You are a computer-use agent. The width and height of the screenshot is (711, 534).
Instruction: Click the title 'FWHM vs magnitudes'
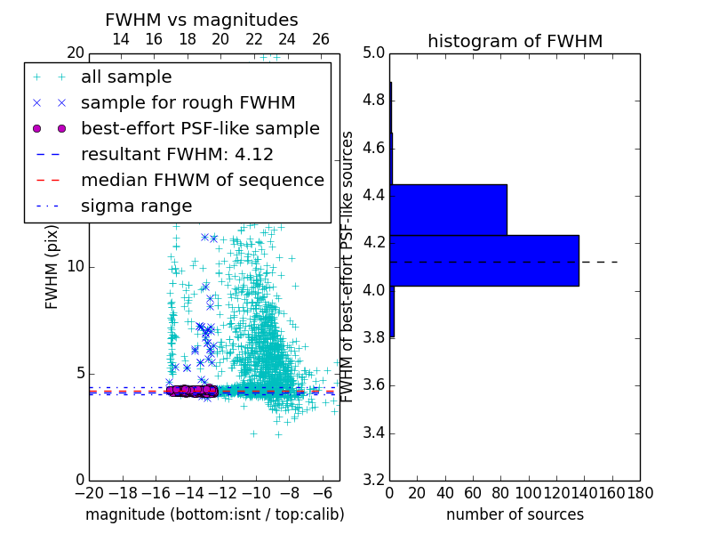point(202,20)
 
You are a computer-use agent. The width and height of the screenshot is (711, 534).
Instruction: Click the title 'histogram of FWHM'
point(515,41)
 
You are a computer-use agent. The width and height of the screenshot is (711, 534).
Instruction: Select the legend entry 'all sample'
point(126,77)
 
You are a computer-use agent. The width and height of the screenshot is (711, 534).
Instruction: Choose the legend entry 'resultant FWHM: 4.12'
point(177,155)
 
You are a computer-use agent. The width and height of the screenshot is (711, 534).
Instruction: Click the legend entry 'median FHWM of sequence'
point(202,181)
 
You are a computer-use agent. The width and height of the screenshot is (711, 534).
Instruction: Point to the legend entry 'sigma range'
point(136,206)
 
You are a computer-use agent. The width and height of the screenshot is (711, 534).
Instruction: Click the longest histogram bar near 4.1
point(484,261)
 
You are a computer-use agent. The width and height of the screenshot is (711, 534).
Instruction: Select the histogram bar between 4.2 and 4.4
point(448,210)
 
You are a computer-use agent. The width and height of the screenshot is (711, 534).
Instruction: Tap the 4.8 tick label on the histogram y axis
point(372,100)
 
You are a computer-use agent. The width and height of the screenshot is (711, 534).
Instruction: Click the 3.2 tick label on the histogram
point(372,481)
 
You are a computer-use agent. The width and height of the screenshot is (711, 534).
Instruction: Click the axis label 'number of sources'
point(515,514)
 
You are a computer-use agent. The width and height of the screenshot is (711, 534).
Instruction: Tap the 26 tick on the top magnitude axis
point(321,39)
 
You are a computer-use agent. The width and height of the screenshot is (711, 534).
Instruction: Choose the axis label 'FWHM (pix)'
point(52,267)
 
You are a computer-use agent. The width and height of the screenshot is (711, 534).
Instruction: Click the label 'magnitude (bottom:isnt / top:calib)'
point(214,514)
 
